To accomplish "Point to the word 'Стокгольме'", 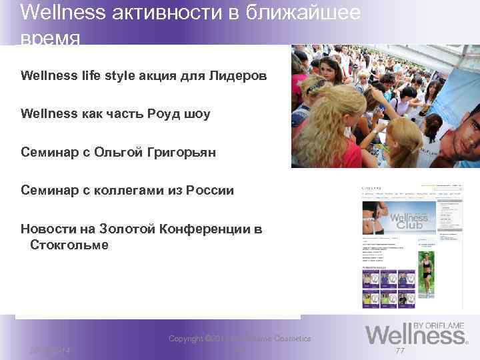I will tap(69, 245).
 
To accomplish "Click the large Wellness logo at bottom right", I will tap(413, 333).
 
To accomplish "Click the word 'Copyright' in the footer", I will tap(187, 339).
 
